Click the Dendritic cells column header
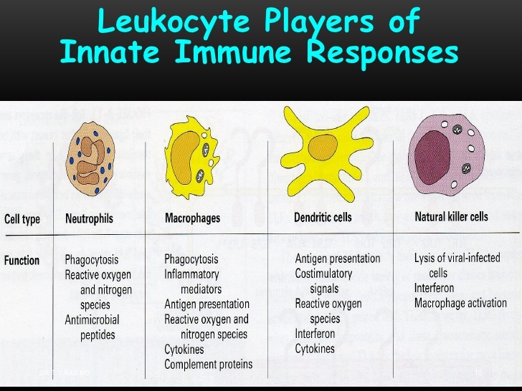323,216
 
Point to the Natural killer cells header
451,216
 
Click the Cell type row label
22,219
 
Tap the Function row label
22,261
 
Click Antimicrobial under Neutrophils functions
92,319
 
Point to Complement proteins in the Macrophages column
208,364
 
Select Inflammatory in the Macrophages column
191,274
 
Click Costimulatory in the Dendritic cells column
323,274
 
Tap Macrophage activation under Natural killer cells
460,303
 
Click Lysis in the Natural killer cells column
427,258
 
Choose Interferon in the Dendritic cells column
315,334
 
